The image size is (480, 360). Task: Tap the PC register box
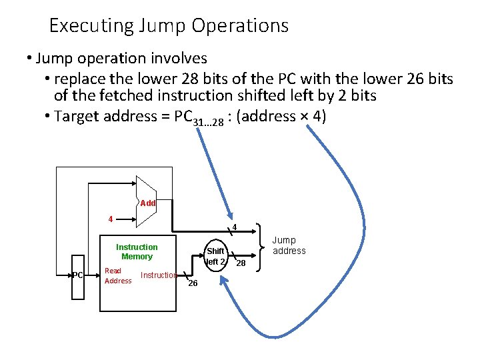(78, 275)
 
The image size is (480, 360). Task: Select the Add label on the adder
(148, 203)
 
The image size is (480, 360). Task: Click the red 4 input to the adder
(111, 219)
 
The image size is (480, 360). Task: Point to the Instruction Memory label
(137, 251)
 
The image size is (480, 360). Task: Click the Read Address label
(118, 275)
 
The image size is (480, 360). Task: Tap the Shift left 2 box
(215, 256)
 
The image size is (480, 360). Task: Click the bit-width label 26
(193, 283)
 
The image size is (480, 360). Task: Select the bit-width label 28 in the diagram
(241, 264)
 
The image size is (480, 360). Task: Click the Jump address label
(289, 245)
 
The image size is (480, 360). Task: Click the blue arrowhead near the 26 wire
(225, 285)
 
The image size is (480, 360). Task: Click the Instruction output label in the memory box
(159, 275)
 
